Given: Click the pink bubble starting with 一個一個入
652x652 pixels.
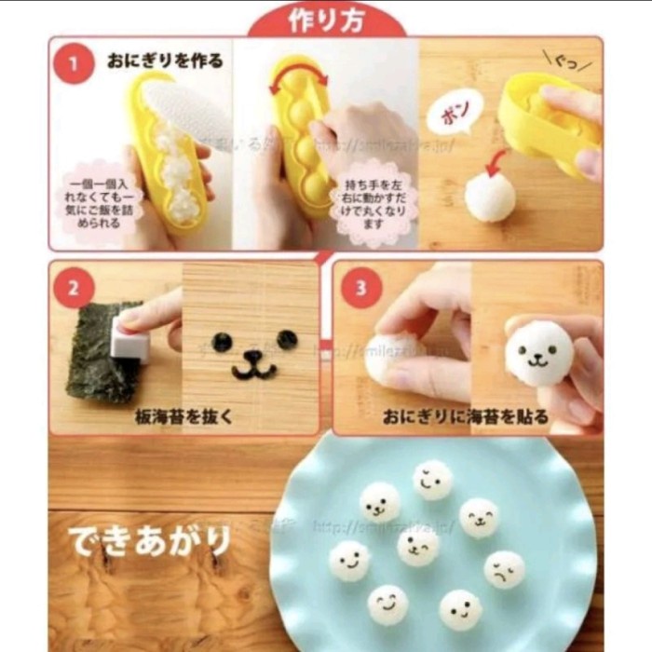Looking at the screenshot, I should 100,202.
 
